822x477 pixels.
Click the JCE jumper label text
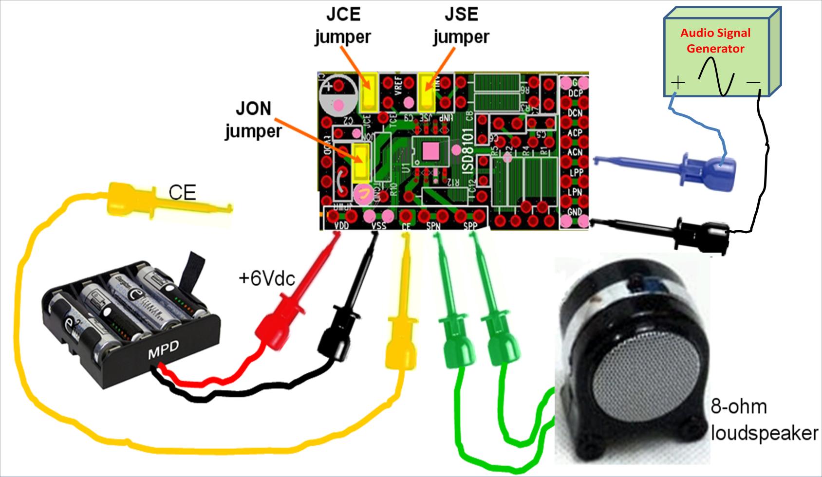(343, 25)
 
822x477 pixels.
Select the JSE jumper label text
(461, 25)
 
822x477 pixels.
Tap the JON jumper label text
(253, 120)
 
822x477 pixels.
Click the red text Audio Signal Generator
(715, 41)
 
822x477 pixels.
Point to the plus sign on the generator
(677, 82)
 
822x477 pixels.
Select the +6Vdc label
(266, 278)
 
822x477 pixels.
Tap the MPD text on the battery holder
(164, 349)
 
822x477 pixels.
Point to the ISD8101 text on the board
(468, 151)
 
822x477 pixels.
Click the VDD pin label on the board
(342, 226)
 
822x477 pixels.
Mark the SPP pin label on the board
(470, 226)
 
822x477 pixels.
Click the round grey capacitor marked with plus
(337, 95)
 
